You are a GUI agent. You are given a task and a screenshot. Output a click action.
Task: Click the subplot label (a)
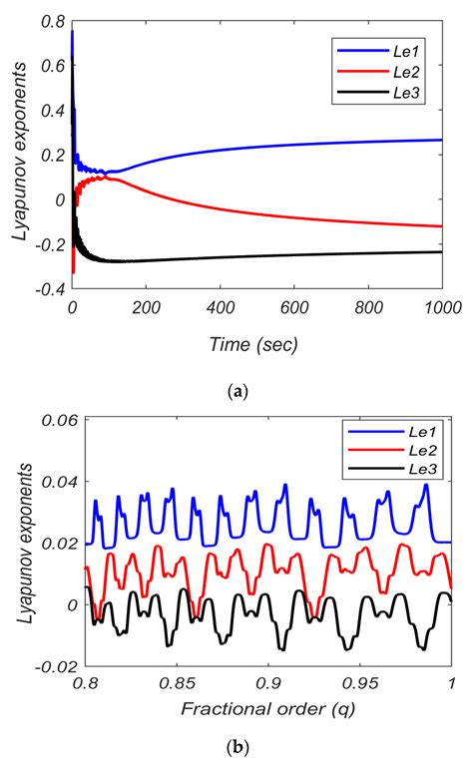(236, 392)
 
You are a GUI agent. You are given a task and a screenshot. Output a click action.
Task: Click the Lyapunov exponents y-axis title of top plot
(17, 154)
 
